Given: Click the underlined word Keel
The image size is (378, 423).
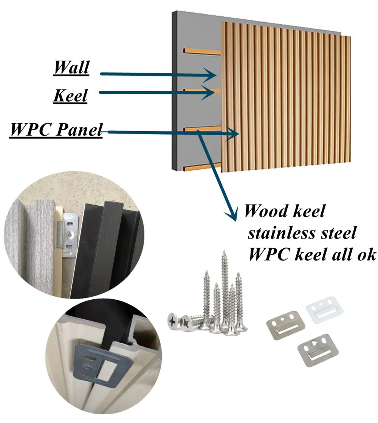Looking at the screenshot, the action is point(70,96).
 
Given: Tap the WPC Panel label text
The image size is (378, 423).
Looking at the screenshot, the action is point(56,130).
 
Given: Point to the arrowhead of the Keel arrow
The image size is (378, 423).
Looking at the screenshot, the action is point(208,93).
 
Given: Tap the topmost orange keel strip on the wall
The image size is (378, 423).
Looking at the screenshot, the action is point(202,51).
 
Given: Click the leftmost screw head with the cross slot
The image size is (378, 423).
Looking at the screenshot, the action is point(173,321).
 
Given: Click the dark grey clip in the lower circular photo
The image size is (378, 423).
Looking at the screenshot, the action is point(103,365).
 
